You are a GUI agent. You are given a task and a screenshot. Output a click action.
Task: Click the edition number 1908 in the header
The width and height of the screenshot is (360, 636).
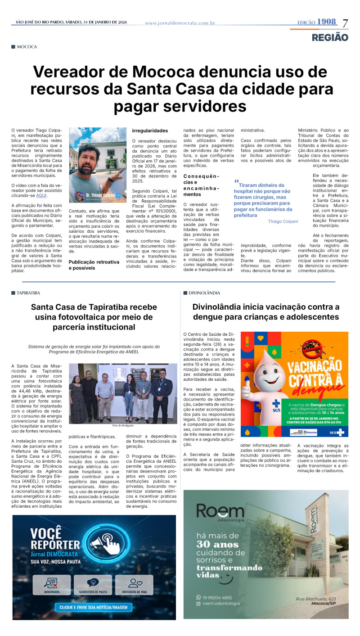(x=326, y=22)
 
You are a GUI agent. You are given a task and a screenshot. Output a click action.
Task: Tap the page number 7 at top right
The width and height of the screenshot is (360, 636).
(x=345, y=23)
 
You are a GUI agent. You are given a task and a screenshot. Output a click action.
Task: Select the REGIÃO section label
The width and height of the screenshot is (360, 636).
(x=330, y=37)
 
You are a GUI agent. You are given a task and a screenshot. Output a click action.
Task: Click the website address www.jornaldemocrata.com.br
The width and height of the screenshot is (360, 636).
(x=180, y=23)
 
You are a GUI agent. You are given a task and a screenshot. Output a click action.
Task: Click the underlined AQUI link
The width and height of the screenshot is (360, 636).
(x=41, y=195)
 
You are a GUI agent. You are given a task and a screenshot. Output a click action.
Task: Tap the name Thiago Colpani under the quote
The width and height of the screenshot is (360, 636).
(x=283, y=221)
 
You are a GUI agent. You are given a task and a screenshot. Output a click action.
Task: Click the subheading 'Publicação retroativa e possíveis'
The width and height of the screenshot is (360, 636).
(x=94, y=265)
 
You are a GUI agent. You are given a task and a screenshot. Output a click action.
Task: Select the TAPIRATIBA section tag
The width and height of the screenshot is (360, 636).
(x=28, y=293)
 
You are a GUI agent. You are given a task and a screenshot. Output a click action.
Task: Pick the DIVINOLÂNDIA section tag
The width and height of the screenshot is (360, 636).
(x=204, y=293)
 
